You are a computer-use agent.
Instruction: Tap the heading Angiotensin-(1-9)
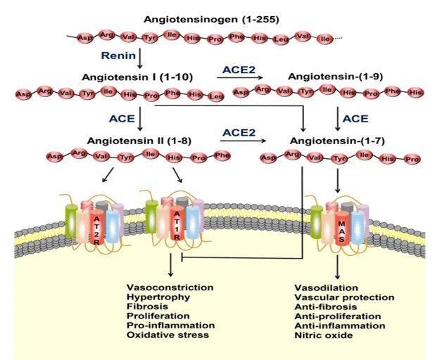coord(332,75)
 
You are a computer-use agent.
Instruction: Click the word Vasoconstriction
coord(170,288)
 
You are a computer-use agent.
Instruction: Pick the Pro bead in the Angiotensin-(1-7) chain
coord(412,160)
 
